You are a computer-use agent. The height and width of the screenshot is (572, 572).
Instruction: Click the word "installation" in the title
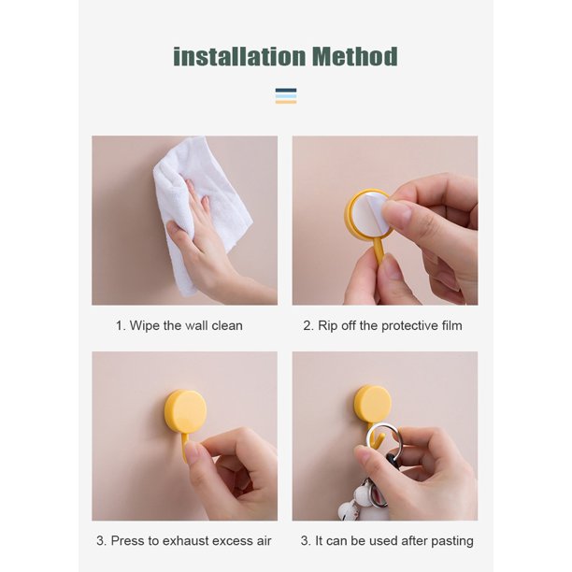(239, 57)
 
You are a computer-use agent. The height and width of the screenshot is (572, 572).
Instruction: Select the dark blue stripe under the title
(286, 91)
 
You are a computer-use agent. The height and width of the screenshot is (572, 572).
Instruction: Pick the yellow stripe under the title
(286, 102)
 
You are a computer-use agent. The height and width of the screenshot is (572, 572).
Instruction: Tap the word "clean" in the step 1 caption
(227, 325)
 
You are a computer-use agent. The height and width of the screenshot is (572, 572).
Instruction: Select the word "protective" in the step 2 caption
(409, 326)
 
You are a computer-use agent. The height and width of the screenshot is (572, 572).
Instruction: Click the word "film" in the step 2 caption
(452, 325)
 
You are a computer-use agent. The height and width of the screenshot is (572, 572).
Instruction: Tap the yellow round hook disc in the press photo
(185, 410)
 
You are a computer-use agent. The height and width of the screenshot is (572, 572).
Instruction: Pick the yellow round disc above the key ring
(373, 404)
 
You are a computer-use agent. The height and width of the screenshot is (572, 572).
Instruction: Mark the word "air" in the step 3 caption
(264, 540)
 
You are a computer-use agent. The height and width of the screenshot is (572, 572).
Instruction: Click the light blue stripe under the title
(286, 96)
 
